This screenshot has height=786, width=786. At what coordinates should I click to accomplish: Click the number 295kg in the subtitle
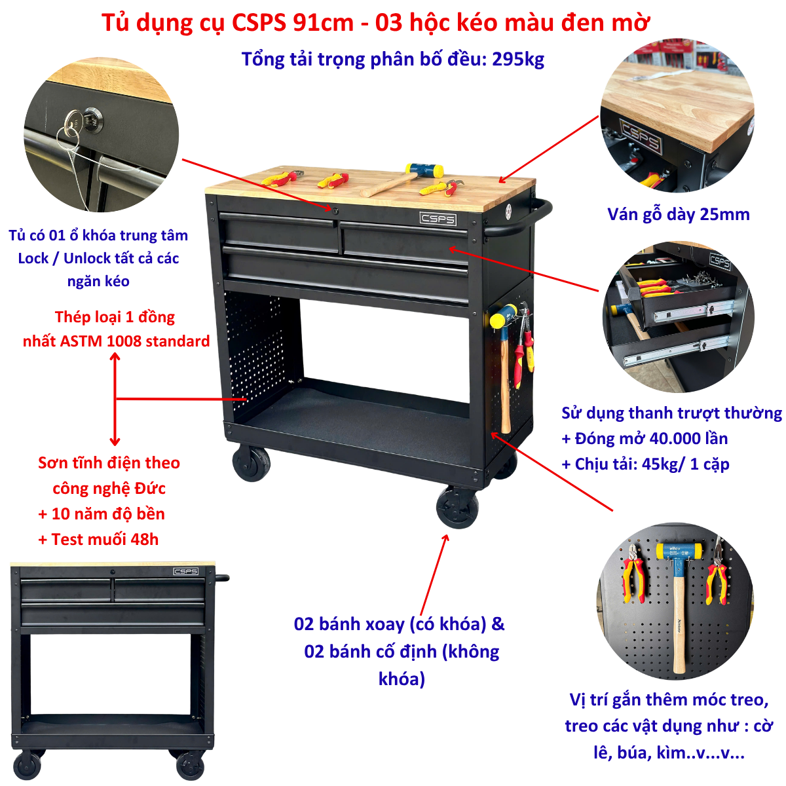[517, 60]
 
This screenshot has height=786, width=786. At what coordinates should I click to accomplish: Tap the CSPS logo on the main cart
[438, 219]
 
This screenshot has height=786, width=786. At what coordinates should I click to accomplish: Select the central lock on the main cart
[335, 210]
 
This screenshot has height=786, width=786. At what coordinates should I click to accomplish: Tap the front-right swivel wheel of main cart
[457, 507]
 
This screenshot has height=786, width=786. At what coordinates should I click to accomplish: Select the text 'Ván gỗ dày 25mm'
[679, 215]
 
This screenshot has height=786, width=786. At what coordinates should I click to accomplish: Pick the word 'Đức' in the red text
[151, 488]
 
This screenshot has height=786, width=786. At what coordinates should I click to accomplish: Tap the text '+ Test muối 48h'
[98, 539]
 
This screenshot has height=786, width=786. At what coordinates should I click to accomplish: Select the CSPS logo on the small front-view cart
[185, 571]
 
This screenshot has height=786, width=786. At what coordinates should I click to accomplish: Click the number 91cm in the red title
[323, 22]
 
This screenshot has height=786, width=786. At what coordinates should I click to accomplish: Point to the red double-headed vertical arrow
[115, 399]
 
